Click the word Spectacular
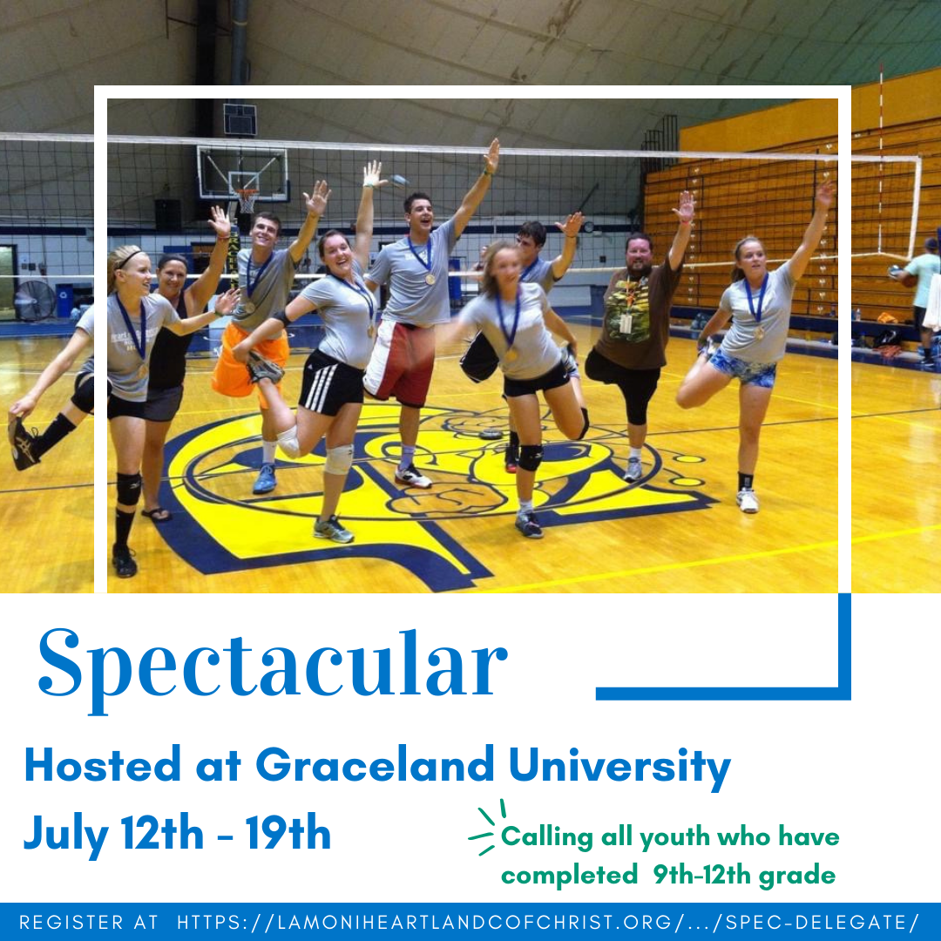point(273,668)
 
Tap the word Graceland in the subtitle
point(375,765)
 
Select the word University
point(620,768)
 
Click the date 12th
point(162,833)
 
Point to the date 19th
point(288,833)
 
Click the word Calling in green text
point(546,836)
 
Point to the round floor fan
point(34,300)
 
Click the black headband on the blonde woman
point(128,259)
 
